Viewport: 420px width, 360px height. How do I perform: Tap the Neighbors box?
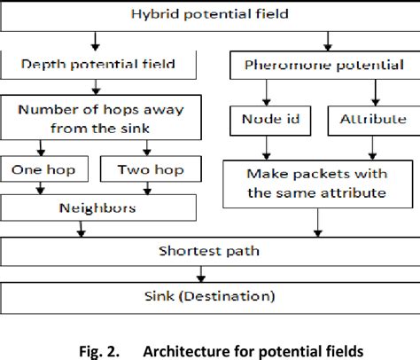(x=97, y=207)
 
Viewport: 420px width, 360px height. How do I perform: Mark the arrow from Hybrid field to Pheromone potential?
(x=330, y=41)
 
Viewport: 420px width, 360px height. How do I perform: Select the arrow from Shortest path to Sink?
(x=210, y=274)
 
